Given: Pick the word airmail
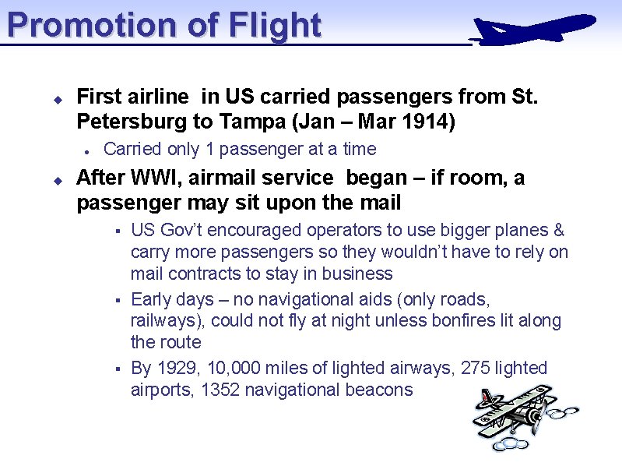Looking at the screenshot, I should (x=240, y=178).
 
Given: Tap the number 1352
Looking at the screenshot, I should (x=220, y=390).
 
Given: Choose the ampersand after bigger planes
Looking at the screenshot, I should (x=558, y=231).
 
